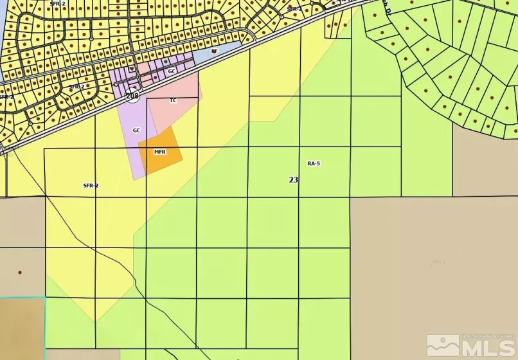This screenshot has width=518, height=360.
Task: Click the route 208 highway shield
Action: point(132,96)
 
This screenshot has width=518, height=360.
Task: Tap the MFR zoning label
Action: point(160,152)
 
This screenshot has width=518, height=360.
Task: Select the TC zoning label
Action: point(173,100)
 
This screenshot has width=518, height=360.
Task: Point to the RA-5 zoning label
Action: point(314,164)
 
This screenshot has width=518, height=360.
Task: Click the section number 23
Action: point(293,180)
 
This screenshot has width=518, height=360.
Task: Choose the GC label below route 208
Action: point(136,130)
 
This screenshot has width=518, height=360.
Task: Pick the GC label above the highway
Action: point(172,71)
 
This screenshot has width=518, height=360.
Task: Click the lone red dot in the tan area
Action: point(20,273)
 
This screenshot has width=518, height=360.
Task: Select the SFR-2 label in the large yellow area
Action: point(91,185)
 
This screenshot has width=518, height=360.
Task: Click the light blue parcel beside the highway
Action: point(219,54)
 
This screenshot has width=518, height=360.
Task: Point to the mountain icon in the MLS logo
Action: point(443,345)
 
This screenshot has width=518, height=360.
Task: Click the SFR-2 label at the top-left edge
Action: point(57,3)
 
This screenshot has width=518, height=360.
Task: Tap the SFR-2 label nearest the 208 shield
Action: point(76,86)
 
